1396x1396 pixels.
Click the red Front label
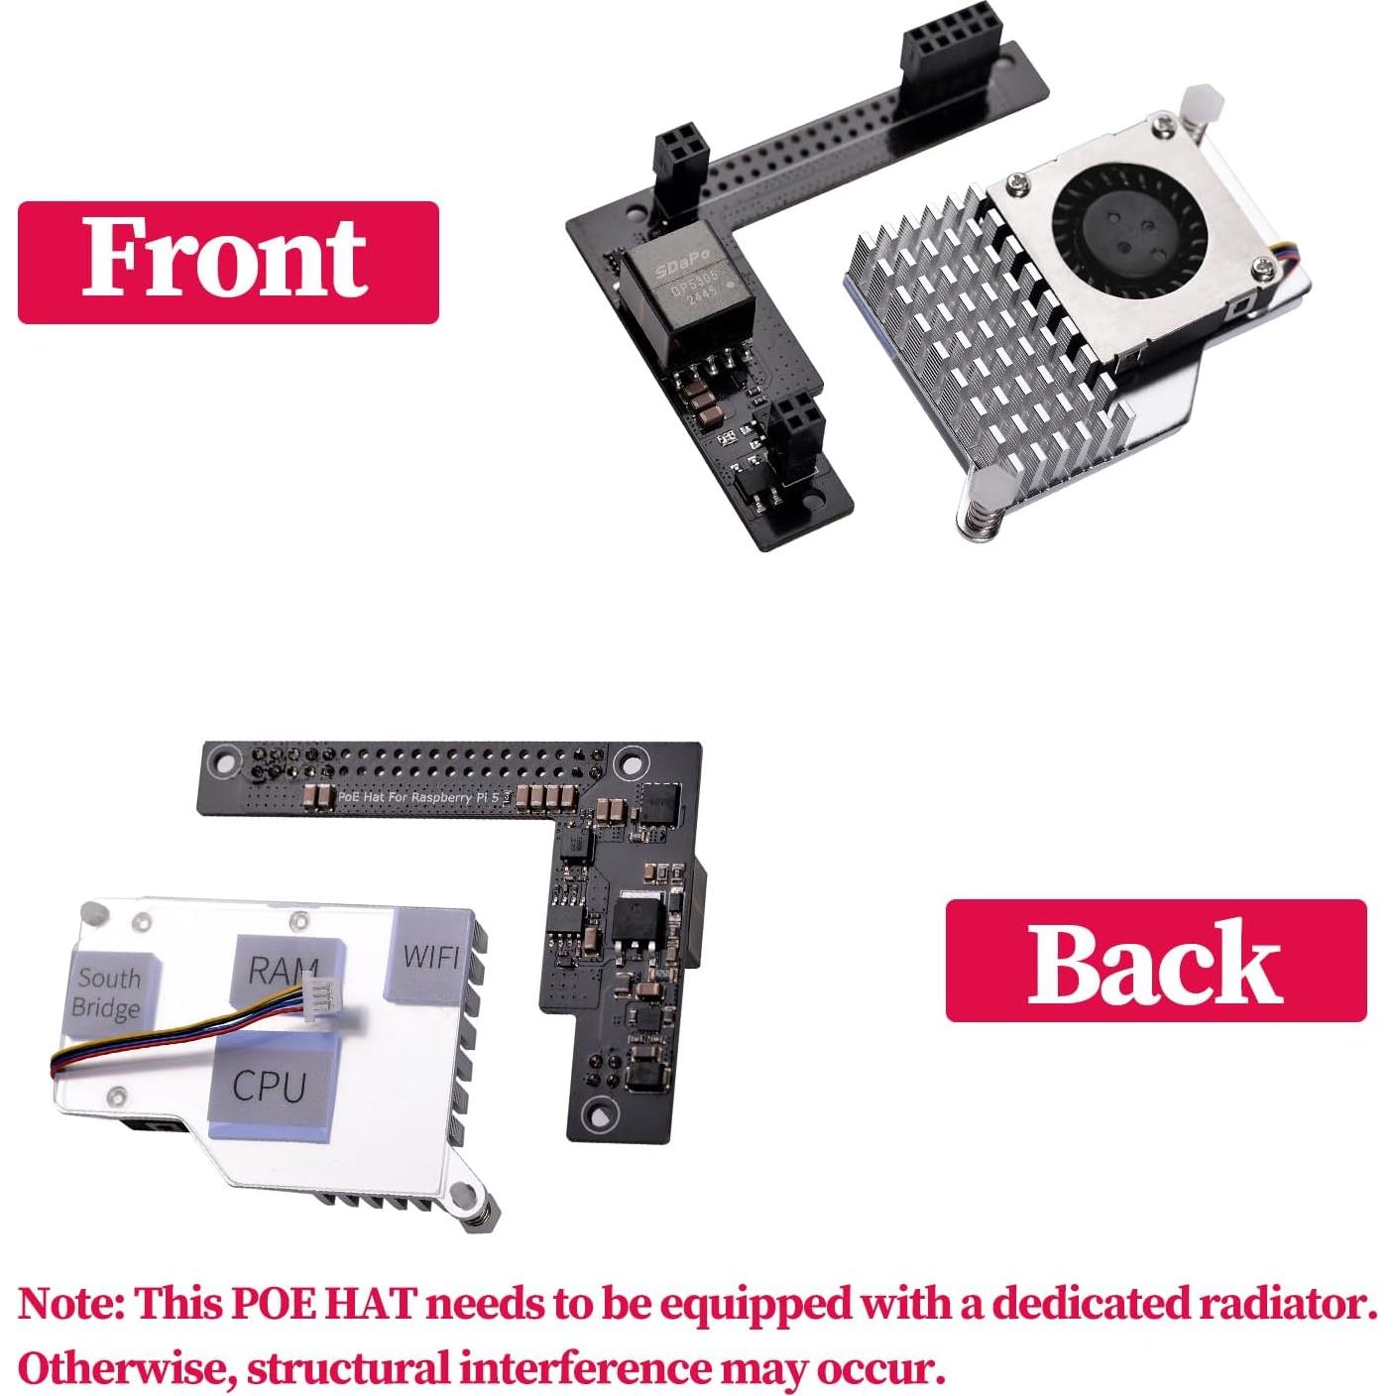tap(227, 262)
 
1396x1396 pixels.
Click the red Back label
tap(1155, 960)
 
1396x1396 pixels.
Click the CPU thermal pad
tap(269, 1087)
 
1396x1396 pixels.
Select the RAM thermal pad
tap(283, 970)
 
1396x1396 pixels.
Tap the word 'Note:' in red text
tap(70, 1303)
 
